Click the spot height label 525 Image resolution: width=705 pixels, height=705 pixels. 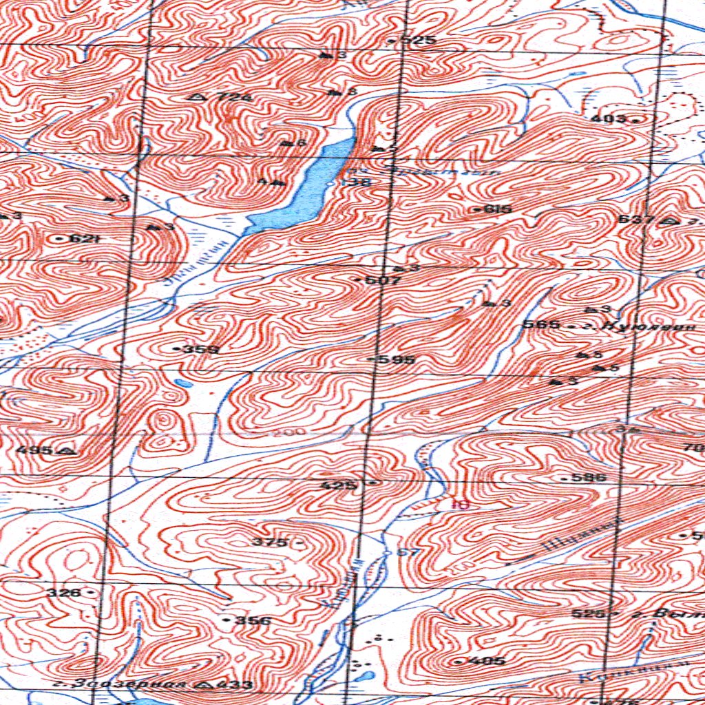click(419, 41)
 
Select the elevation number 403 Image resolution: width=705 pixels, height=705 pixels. click(609, 119)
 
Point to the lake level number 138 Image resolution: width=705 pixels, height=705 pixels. click(357, 183)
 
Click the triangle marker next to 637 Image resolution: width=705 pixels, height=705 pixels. click(666, 221)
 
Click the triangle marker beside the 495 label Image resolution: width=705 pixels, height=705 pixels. click(67, 451)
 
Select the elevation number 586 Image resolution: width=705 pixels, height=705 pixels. click(592, 477)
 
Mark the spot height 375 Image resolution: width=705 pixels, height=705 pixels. click(269, 543)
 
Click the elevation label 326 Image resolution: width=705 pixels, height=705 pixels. click(63, 592)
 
